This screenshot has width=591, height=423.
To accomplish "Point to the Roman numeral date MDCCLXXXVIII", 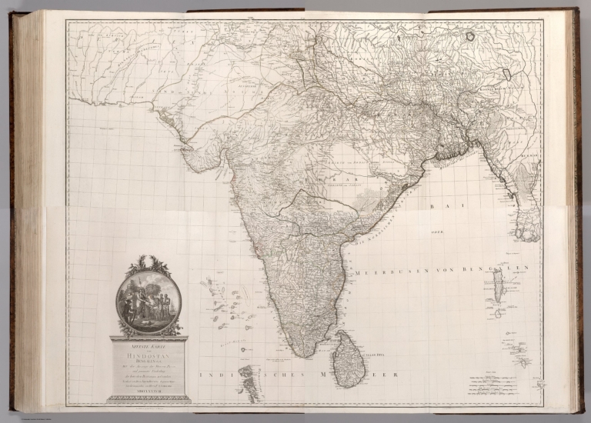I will (x=149, y=390).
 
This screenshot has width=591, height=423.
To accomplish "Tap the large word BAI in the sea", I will (x=440, y=207).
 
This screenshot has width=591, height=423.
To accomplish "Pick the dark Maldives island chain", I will (x=248, y=380).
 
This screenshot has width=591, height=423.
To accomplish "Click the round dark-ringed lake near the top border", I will (x=506, y=75).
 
